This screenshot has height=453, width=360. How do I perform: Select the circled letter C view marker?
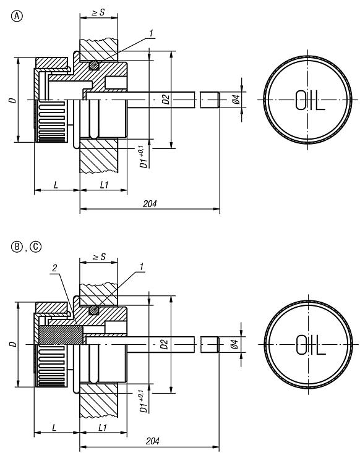(36, 247)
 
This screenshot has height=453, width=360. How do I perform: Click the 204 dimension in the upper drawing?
(148, 203)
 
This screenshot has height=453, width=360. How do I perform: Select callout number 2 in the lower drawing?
(55, 268)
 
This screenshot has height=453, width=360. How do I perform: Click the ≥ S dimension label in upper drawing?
(98, 12)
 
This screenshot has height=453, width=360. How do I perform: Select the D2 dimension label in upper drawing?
(165, 98)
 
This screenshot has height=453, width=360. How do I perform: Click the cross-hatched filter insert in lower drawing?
(60, 336)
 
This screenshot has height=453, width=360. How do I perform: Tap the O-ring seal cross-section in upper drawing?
(95, 64)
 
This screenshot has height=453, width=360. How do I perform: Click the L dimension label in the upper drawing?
(56, 185)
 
